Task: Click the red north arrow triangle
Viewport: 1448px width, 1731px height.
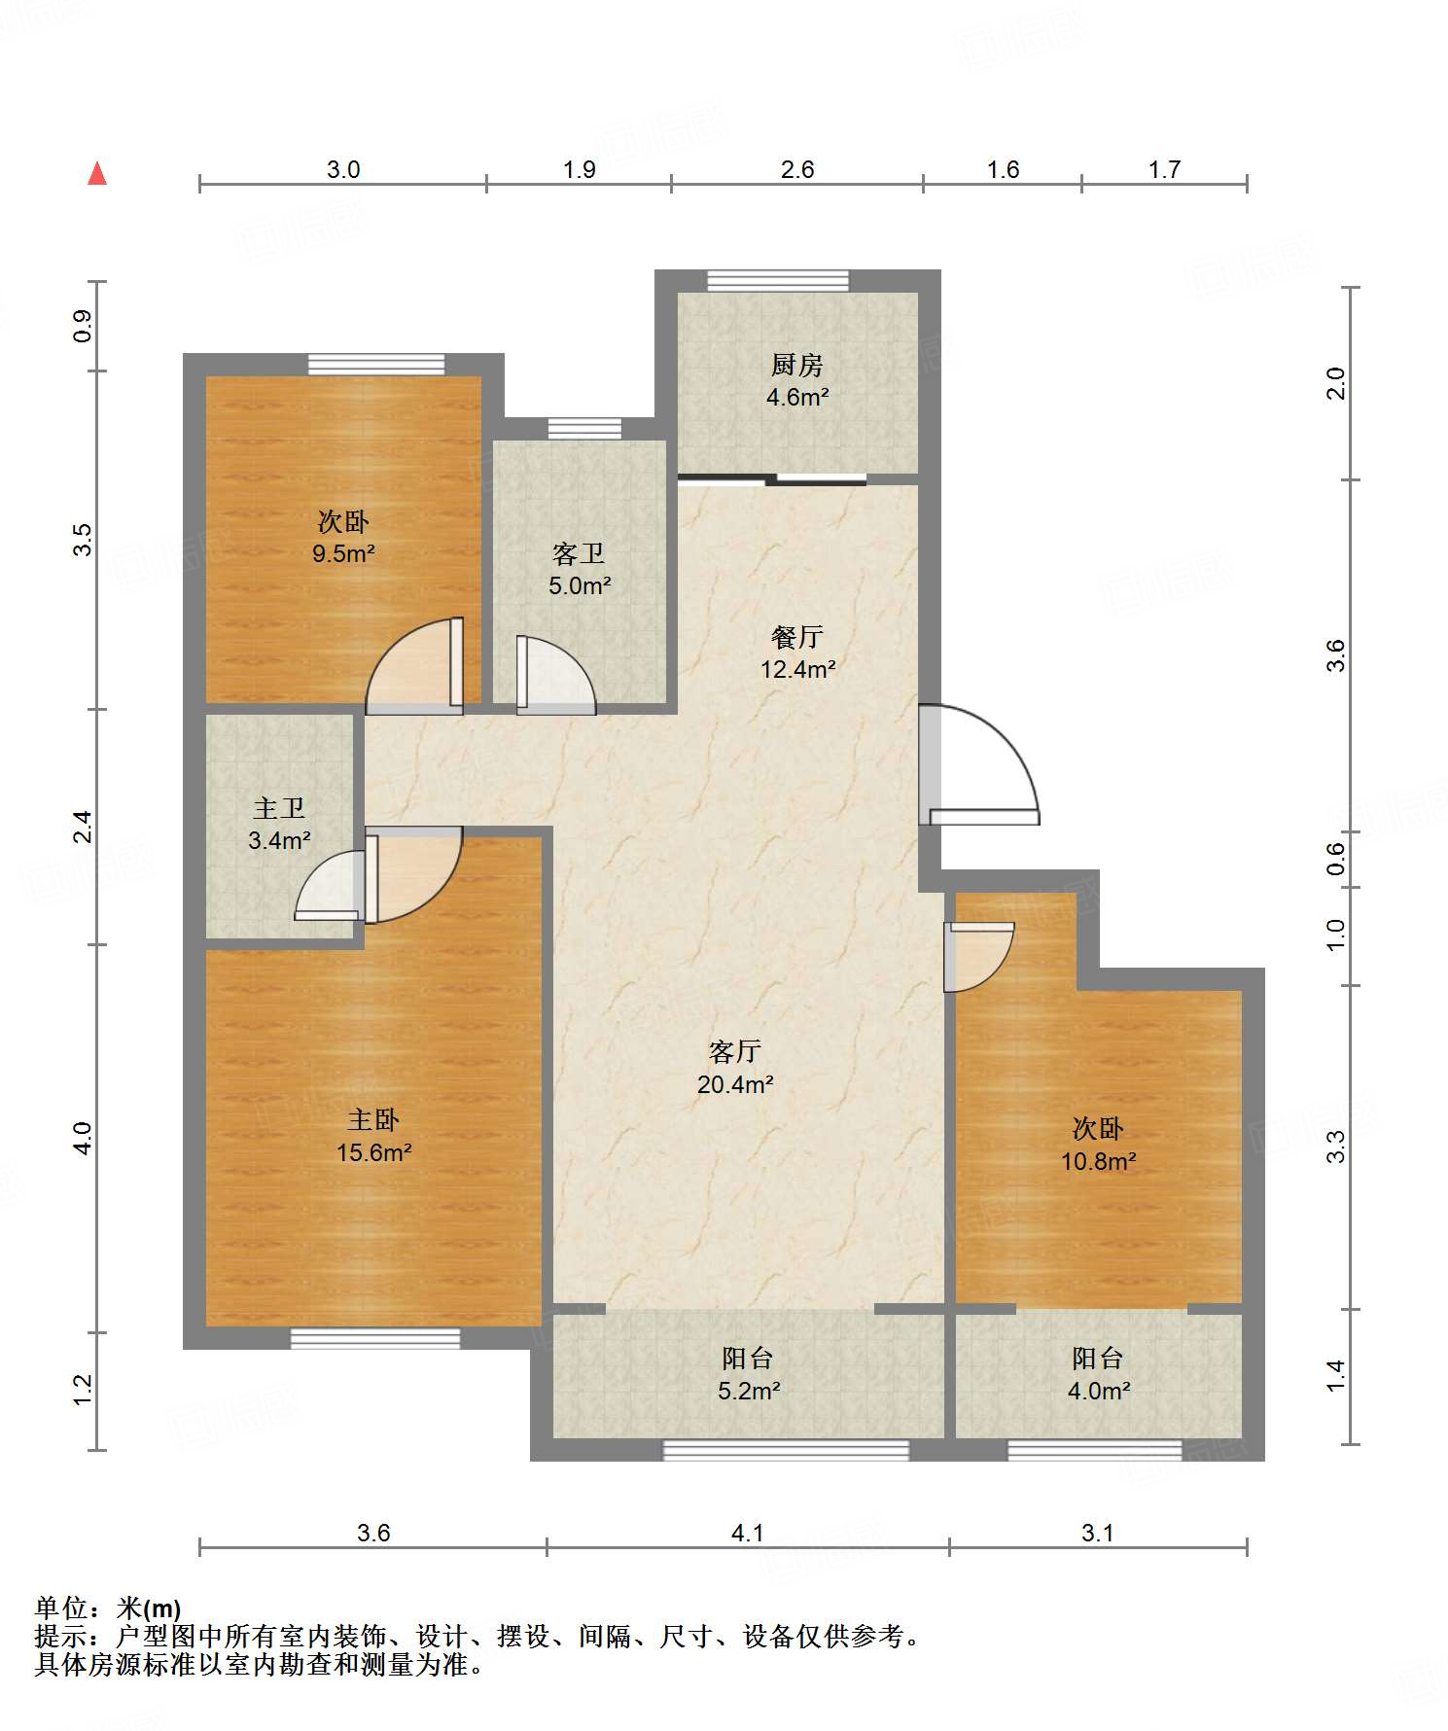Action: (97, 173)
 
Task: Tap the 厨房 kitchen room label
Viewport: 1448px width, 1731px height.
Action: (796, 365)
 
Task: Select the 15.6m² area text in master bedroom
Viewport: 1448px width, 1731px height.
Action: (374, 1152)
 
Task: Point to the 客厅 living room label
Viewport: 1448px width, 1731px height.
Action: (734, 1051)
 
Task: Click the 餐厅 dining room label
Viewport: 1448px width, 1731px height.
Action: (797, 637)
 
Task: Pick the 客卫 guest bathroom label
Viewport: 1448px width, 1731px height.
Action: (579, 553)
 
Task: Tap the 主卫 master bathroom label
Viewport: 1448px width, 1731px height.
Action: (279, 808)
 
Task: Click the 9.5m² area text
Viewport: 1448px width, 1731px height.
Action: (343, 553)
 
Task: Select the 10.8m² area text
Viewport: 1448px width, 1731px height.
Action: (1099, 1160)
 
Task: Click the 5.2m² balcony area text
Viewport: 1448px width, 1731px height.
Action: (749, 1391)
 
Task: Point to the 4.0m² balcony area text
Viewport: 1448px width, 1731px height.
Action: (1099, 1391)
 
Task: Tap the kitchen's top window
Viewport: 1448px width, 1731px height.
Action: (778, 280)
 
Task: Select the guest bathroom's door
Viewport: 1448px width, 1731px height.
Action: (555, 675)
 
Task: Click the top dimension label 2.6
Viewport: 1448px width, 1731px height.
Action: (797, 169)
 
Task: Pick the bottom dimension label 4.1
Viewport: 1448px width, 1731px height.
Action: (747, 1533)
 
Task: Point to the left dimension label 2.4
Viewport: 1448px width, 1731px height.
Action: (84, 826)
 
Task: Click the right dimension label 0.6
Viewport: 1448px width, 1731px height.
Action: (1336, 858)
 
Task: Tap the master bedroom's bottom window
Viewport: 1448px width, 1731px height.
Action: (375, 1338)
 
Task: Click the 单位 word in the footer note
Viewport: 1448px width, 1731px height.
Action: (61, 1607)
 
